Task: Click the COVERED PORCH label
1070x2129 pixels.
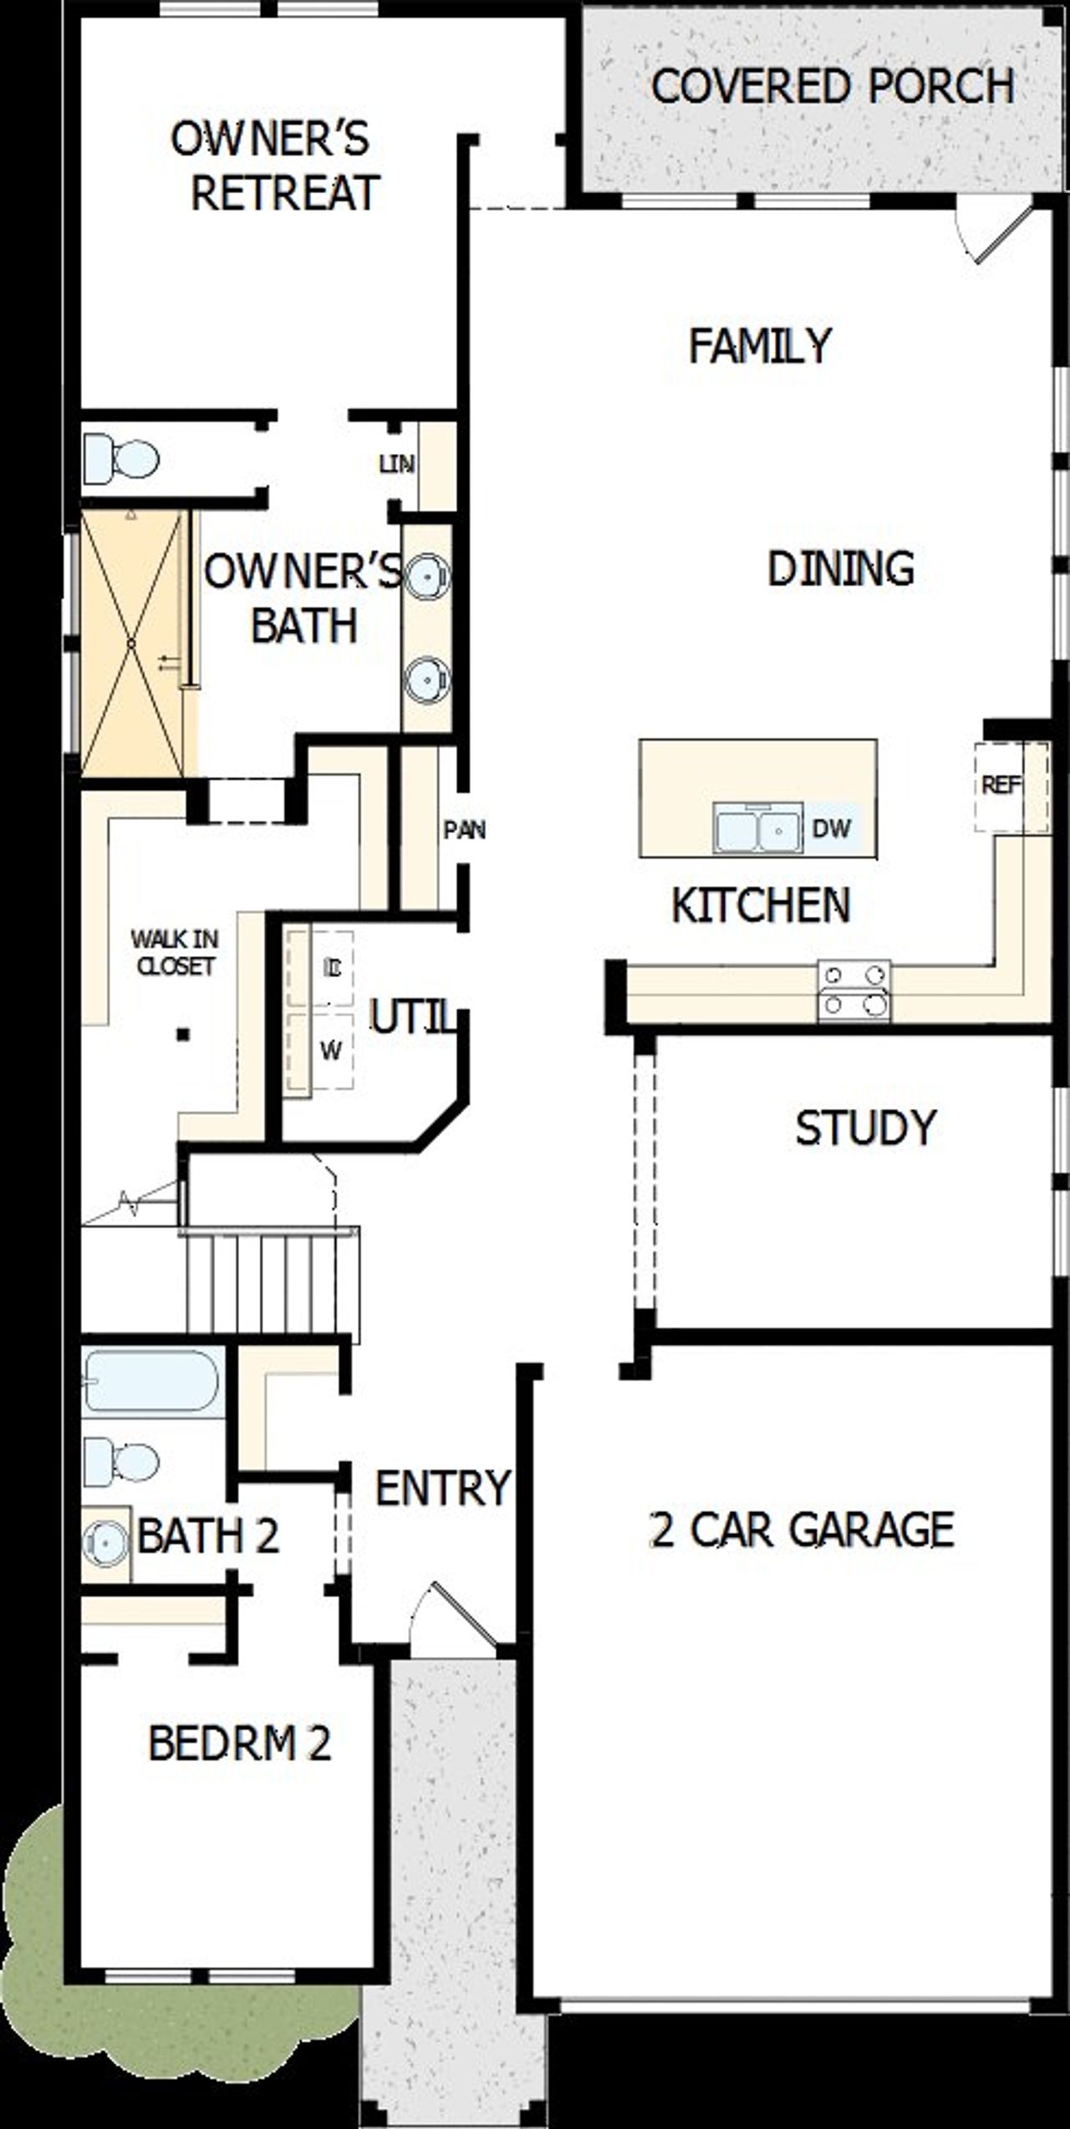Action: click(832, 86)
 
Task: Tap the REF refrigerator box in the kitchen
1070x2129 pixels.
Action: click(1001, 786)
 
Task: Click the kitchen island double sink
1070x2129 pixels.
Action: click(758, 829)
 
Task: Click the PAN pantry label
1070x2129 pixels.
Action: click(464, 830)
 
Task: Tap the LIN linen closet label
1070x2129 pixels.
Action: click(396, 464)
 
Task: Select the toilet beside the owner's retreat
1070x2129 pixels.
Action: click(121, 459)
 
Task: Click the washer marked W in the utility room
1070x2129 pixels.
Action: click(331, 1051)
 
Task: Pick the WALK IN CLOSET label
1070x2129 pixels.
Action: click(176, 953)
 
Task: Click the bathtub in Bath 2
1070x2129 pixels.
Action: click(152, 1382)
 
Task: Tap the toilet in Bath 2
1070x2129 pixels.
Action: click(122, 1462)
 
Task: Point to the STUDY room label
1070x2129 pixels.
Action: click(865, 1128)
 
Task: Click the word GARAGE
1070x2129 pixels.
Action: click(871, 1529)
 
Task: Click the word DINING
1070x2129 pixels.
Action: click(840, 569)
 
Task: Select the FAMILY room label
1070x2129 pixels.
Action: click(760, 345)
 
